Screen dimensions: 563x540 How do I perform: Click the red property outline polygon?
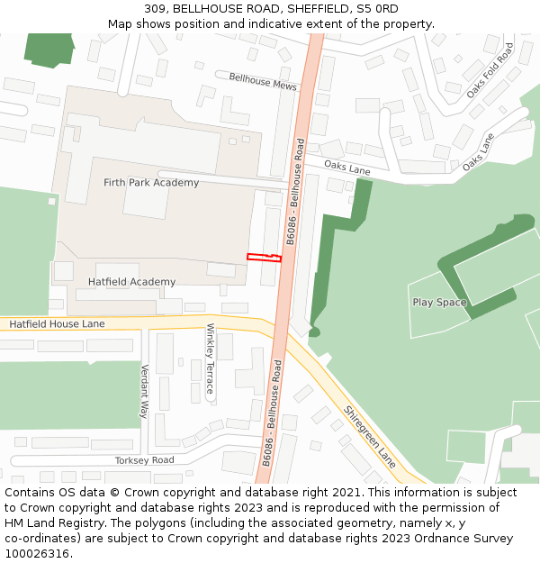(264, 258)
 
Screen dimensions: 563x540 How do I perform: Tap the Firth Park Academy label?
(151, 183)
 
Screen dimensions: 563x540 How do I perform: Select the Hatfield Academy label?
(131, 282)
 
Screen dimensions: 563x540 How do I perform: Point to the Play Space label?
(439, 303)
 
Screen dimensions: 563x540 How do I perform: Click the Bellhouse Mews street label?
(263, 81)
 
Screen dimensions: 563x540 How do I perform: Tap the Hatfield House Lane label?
(57, 323)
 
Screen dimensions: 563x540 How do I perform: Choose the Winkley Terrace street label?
(211, 359)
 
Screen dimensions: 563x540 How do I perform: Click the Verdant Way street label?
(143, 391)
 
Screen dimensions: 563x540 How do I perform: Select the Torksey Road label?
(144, 460)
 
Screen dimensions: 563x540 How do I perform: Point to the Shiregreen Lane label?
(369, 436)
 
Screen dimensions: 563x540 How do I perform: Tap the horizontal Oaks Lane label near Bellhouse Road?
(346, 168)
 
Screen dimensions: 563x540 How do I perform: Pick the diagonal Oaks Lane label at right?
(478, 153)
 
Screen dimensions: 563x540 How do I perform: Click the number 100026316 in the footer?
(36, 553)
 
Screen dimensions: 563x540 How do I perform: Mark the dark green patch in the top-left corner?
(49, 50)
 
